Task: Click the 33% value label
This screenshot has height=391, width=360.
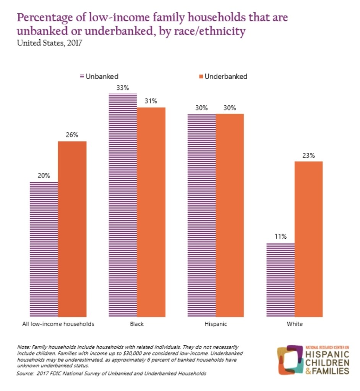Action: (123, 87)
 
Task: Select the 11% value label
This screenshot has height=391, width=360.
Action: (281, 236)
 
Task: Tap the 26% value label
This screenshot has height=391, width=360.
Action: (72, 135)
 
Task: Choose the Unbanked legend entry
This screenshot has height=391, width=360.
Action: (99, 76)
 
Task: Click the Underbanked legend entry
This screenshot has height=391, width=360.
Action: (222, 76)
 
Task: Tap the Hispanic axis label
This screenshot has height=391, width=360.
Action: (216, 324)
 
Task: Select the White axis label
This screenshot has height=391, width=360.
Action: (295, 324)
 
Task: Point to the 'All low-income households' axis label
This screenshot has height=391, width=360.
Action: (58, 324)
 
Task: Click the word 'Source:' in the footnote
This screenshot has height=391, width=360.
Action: (25, 373)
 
